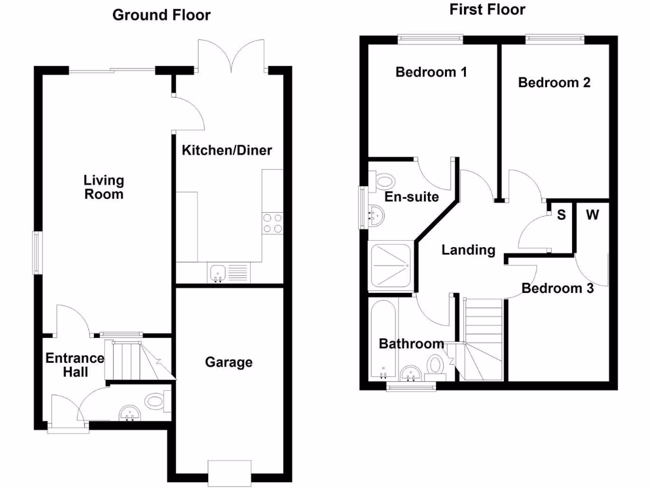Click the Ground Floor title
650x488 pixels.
(161, 15)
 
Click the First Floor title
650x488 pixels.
(487, 10)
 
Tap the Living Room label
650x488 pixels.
(104, 187)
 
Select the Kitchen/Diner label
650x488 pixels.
(227, 151)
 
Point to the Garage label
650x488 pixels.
(229, 362)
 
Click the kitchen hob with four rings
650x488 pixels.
(272, 223)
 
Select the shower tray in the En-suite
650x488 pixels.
(390, 267)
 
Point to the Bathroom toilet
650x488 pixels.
(435, 367)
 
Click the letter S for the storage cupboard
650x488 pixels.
(561, 215)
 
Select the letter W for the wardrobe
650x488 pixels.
(592, 215)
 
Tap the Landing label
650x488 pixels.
(468, 250)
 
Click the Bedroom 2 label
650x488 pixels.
(554, 83)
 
